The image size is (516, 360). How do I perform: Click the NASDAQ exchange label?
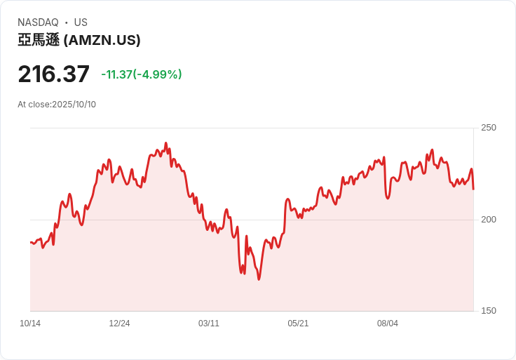coord(38,22)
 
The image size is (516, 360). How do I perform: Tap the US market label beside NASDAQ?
coord(81,22)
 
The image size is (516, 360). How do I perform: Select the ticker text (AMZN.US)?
coord(102,41)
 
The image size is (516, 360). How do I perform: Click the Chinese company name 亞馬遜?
coord(39,41)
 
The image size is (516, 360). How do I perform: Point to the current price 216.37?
coord(54,74)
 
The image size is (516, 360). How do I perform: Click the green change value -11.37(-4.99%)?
coord(142,74)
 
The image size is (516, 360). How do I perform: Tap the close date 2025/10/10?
coord(74,105)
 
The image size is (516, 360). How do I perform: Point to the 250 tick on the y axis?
coord(488,128)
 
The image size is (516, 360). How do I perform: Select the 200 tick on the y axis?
coord(488,220)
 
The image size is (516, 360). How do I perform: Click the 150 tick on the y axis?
coord(488,311)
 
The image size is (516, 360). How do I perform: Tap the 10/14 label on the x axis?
coord(30,324)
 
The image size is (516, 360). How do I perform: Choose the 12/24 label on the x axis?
coord(119,324)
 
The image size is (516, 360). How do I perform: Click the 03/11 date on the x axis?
coord(209,324)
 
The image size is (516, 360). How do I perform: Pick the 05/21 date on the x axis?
coord(298,324)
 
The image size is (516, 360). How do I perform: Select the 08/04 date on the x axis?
coord(388,324)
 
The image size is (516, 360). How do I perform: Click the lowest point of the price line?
coord(259,279)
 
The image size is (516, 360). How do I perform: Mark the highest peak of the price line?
coord(166,143)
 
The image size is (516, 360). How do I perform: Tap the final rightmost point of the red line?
coord(473,189)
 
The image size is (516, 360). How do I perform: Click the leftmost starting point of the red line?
coord(30,242)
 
